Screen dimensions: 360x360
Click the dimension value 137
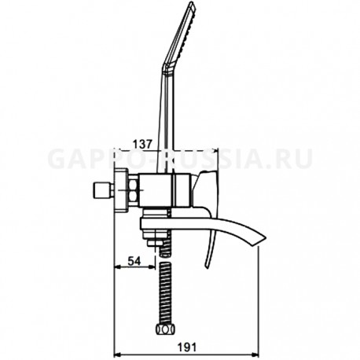pyautogui.click(x=142, y=144)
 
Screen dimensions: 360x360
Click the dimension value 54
pyautogui.click(x=134, y=261)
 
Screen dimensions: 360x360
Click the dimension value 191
pyautogui.click(x=187, y=347)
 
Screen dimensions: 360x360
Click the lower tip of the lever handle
pyautogui.click(x=207, y=266)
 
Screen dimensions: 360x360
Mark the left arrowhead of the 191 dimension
pyautogui.click(x=118, y=355)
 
